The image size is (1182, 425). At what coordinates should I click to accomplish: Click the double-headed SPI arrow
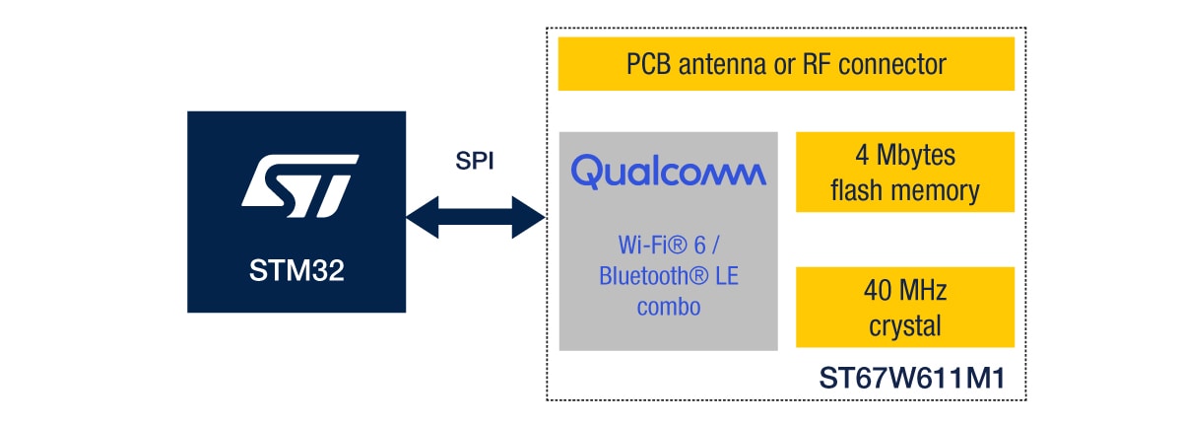click(x=476, y=217)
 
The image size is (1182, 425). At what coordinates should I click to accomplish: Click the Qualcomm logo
click(x=668, y=173)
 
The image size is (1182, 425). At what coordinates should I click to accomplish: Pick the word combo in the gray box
click(x=668, y=306)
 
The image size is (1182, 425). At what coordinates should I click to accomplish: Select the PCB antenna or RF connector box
click(x=786, y=65)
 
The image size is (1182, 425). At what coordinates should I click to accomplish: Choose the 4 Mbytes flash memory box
click(x=904, y=172)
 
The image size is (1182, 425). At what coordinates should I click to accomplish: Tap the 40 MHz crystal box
click(x=904, y=308)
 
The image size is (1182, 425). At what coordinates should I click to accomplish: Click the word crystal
click(x=904, y=325)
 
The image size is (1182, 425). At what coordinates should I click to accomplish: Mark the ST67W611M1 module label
click(x=911, y=380)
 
